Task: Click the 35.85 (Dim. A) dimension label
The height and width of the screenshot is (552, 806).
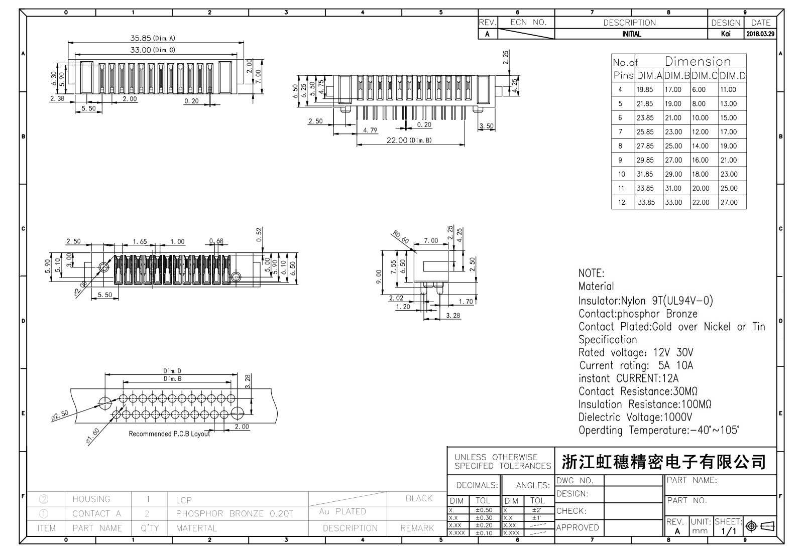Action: click(153, 38)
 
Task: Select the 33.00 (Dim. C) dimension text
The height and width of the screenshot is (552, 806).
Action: click(153, 50)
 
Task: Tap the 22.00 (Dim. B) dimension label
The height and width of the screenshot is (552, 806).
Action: click(409, 141)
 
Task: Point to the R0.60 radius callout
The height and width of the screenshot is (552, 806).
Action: click(401, 237)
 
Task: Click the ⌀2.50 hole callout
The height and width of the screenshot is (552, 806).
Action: click(60, 415)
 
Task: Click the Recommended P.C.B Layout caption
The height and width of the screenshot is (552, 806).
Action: click(169, 434)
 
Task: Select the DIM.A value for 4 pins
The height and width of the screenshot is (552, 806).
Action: click(645, 90)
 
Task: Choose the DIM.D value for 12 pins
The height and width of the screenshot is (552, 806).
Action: click(729, 203)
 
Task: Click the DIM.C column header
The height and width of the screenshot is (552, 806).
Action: click(705, 76)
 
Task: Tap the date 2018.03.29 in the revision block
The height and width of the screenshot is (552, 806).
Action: click(760, 34)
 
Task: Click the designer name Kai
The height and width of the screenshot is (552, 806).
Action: click(726, 34)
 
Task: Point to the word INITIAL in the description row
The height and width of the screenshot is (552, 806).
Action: click(631, 34)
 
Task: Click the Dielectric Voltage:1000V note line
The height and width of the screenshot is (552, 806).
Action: click(635, 418)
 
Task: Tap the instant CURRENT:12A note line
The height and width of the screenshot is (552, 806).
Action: click(628, 378)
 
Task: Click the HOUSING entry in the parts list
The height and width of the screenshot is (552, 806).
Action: click(91, 499)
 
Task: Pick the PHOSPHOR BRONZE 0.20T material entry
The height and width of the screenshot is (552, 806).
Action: click(234, 514)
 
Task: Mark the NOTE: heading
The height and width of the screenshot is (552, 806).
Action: click(592, 273)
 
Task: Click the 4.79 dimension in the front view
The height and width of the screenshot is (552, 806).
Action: click(370, 130)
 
